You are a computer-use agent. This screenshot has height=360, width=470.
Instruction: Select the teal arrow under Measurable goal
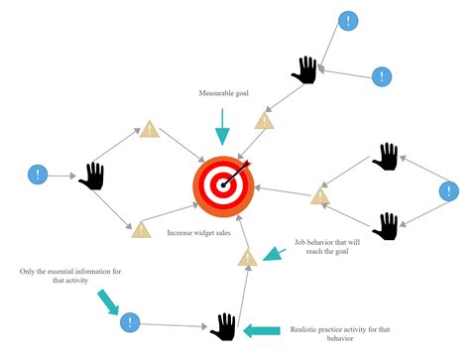pyautogui.click(x=223, y=127)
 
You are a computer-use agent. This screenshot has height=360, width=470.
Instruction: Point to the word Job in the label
pyautogui.click(x=300, y=241)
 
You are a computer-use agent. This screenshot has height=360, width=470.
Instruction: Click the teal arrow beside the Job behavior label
pyautogui.click(x=273, y=254)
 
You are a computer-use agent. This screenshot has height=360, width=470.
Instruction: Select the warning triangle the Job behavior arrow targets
pyautogui.click(x=248, y=258)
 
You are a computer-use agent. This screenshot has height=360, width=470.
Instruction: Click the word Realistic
pyautogui.click(x=309, y=329)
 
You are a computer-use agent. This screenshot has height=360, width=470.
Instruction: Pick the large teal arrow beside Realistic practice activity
pyautogui.click(x=262, y=330)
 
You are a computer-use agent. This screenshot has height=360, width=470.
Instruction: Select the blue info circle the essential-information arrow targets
pyautogui.click(x=130, y=322)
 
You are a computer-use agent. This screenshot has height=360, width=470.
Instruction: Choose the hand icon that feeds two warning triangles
pyautogui.click(x=92, y=176)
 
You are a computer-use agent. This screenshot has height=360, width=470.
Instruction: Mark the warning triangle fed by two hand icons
pyautogui.click(x=319, y=194)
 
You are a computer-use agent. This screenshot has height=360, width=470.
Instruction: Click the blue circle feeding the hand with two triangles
pyautogui.click(x=37, y=176)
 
